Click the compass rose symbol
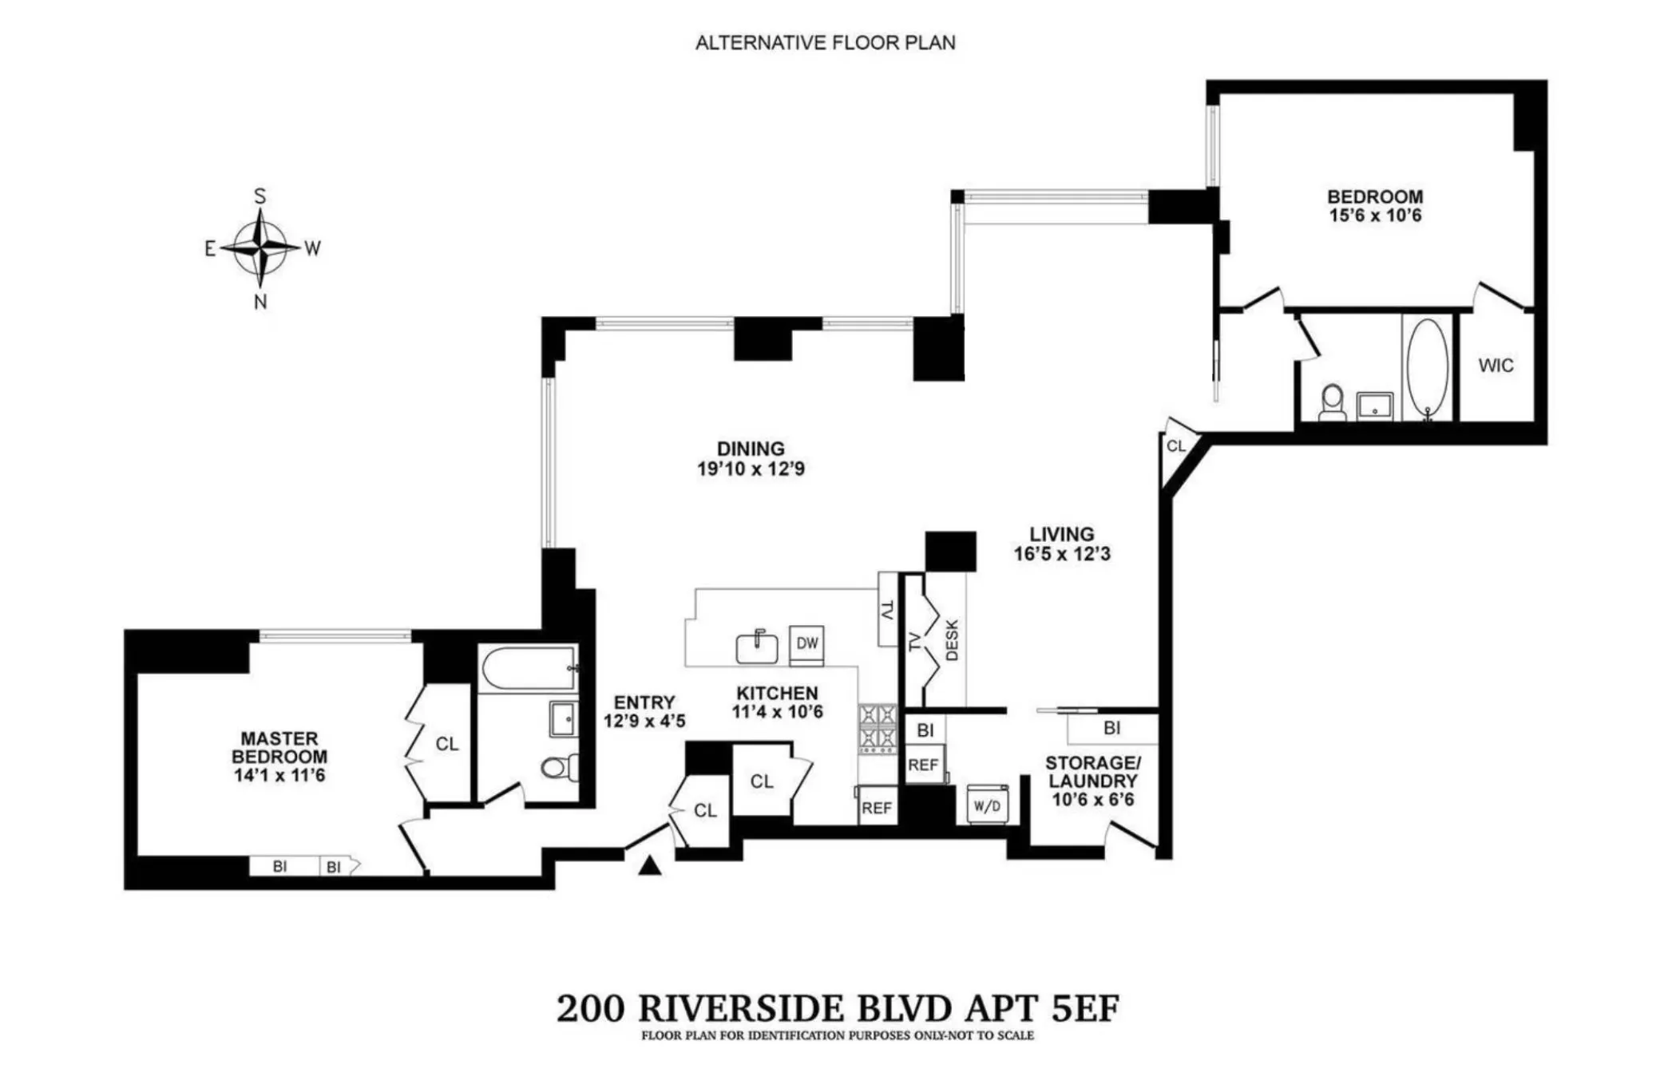point(260,248)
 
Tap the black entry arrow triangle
point(650,866)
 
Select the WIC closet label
point(1496,366)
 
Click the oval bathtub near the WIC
point(1428,367)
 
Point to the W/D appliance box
point(988,805)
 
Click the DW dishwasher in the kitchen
point(807,643)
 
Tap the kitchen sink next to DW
point(757,647)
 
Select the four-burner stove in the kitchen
point(878,728)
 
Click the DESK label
point(952,640)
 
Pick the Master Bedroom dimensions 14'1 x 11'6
point(279,775)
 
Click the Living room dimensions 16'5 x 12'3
point(1062,554)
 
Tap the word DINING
point(751,449)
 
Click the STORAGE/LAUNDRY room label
point(1092,772)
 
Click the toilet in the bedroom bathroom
point(1332,402)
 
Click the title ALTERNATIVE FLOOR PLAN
point(825,43)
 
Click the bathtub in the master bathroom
point(529,669)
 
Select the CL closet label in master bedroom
point(447,744)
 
